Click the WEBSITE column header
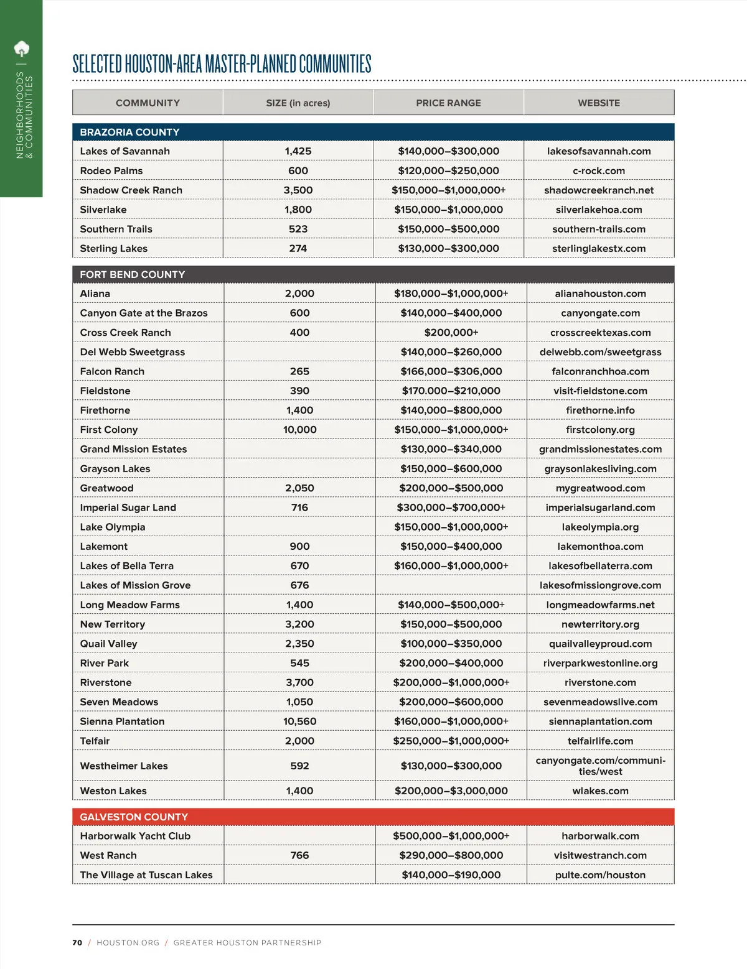pos(598,103)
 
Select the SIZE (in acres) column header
pos(298,103)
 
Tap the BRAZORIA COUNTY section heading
pos(129,132)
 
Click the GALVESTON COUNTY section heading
pos(134,817)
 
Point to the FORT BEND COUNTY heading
pos(132,274)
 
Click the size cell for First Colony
pos(299,430)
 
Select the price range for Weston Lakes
pos(451,790)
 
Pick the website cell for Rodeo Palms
pos(598,171)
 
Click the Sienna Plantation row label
pos(122,721)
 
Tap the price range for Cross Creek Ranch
pos(451,333)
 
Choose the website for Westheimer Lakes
pos(600,766)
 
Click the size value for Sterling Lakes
pos(298,249)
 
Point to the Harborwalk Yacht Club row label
pos(135,836)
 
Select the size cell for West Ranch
pos(299,855)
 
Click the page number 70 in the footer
pos(77,943)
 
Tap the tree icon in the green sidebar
pos(22,49)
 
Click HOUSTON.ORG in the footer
pos(128,943)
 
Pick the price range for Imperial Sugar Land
pos(451,508)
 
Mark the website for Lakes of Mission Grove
pos(600,585)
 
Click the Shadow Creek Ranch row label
pos(131,190)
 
